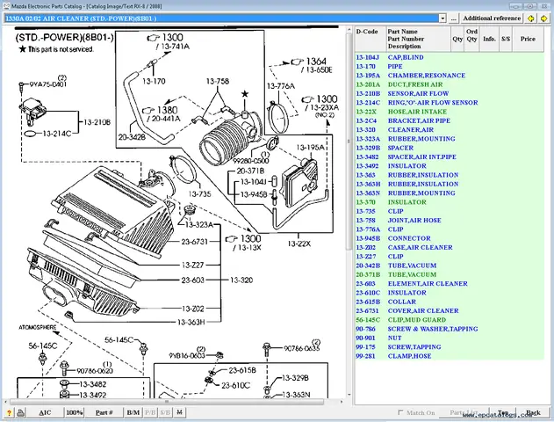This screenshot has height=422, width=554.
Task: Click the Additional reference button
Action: click(x=504, y=18)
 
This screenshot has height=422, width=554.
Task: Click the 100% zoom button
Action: click(x=75, y=411)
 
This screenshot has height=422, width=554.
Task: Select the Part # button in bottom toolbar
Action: click(x=104, y=411)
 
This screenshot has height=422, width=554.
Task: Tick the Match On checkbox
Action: click(x=402, y=411)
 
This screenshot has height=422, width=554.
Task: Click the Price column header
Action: click(x=527, y=39)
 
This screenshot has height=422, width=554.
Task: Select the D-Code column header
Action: click(x=367, y=31)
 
